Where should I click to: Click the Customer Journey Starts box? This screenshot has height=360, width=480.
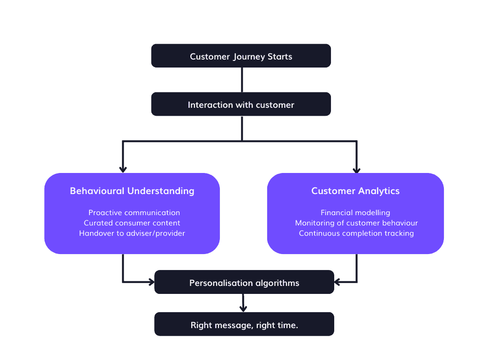pos(241,56)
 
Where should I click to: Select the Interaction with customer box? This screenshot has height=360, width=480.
pos(241,105)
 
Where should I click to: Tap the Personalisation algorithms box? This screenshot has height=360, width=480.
pos(244,283)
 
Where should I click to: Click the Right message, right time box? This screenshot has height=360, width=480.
pos(244,325)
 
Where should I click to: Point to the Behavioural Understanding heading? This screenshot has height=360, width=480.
pos(132,191)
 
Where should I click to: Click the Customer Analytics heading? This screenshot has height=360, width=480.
pos(355,191)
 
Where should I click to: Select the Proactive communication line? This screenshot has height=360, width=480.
pos(134,213)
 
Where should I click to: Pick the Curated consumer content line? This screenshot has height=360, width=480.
pos(132,223)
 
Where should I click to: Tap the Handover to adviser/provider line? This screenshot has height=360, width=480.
pos(132,233)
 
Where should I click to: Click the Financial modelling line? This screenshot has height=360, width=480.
pos(355,213)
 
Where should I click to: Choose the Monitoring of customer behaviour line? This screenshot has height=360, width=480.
pos(356,223)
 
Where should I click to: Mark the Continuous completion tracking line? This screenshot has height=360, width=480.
pos(356,233)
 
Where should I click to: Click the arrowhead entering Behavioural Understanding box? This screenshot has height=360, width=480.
pos(123,170)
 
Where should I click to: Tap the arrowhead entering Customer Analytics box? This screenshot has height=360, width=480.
pos(356,170)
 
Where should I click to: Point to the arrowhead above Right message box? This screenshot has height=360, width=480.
pos(242,308)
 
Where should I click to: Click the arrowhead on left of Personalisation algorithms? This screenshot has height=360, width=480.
pos(151,282)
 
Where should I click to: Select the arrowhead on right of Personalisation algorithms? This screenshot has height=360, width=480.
pos(338,282)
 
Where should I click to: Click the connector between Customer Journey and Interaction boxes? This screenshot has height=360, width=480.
pos(242,80)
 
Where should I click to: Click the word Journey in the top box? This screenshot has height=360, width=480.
pos(248,57)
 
